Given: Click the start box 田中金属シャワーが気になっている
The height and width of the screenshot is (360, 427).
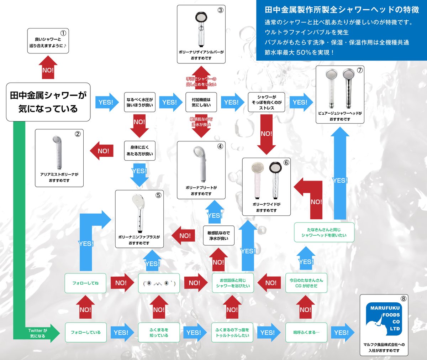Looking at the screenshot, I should click(x=48, y=102).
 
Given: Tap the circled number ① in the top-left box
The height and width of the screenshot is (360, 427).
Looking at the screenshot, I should click(x=63, y=33).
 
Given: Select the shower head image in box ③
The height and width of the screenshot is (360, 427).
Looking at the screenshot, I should click(x=201, y=29).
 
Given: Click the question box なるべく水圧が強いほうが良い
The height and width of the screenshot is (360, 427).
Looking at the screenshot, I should click(x=139, y=102).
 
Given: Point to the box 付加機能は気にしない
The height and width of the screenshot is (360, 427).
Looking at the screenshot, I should click(x=201, y=102).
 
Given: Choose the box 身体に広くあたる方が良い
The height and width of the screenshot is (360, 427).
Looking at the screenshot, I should click(x=139, y=151).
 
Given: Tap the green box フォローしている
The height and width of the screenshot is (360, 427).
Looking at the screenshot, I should click(x=85, y=332).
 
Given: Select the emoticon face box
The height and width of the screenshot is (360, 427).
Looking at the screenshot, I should click(x=159, y=283).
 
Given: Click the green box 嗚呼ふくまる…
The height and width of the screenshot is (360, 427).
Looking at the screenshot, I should click(x=306, y=332).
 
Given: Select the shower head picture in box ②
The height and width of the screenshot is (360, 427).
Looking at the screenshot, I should click(x=58, y=152).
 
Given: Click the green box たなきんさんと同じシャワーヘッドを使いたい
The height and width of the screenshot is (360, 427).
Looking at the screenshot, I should click(x=324, y=233).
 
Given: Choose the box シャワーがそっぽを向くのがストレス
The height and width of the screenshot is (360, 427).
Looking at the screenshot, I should click(x=267, y=102).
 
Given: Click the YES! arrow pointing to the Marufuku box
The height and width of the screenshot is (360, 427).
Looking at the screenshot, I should click(x=342, y=333).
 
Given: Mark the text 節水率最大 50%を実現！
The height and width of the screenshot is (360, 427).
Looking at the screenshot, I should click(x=299, y=52).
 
